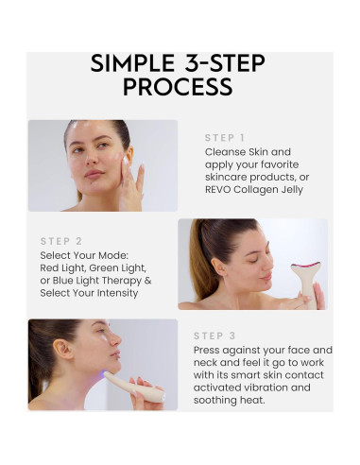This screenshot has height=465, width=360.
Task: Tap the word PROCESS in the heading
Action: click(x=180, y=88)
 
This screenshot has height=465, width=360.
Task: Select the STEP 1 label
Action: click(x=225, y=138)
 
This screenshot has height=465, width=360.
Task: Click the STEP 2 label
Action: click(x=60, y=241)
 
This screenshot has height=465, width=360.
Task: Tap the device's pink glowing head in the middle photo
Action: click(x=304, y=267)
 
